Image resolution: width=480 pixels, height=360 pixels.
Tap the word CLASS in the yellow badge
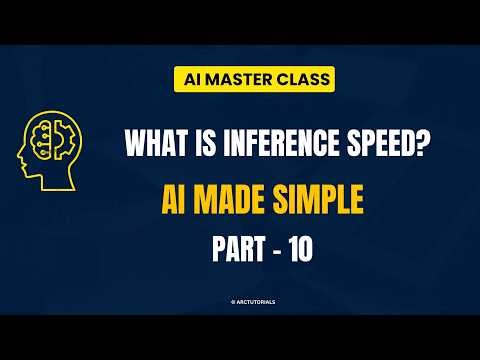pos(292,77)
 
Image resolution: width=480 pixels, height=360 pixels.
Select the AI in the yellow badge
pos(186,77)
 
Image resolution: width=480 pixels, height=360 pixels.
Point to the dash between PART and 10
pos(272,250)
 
